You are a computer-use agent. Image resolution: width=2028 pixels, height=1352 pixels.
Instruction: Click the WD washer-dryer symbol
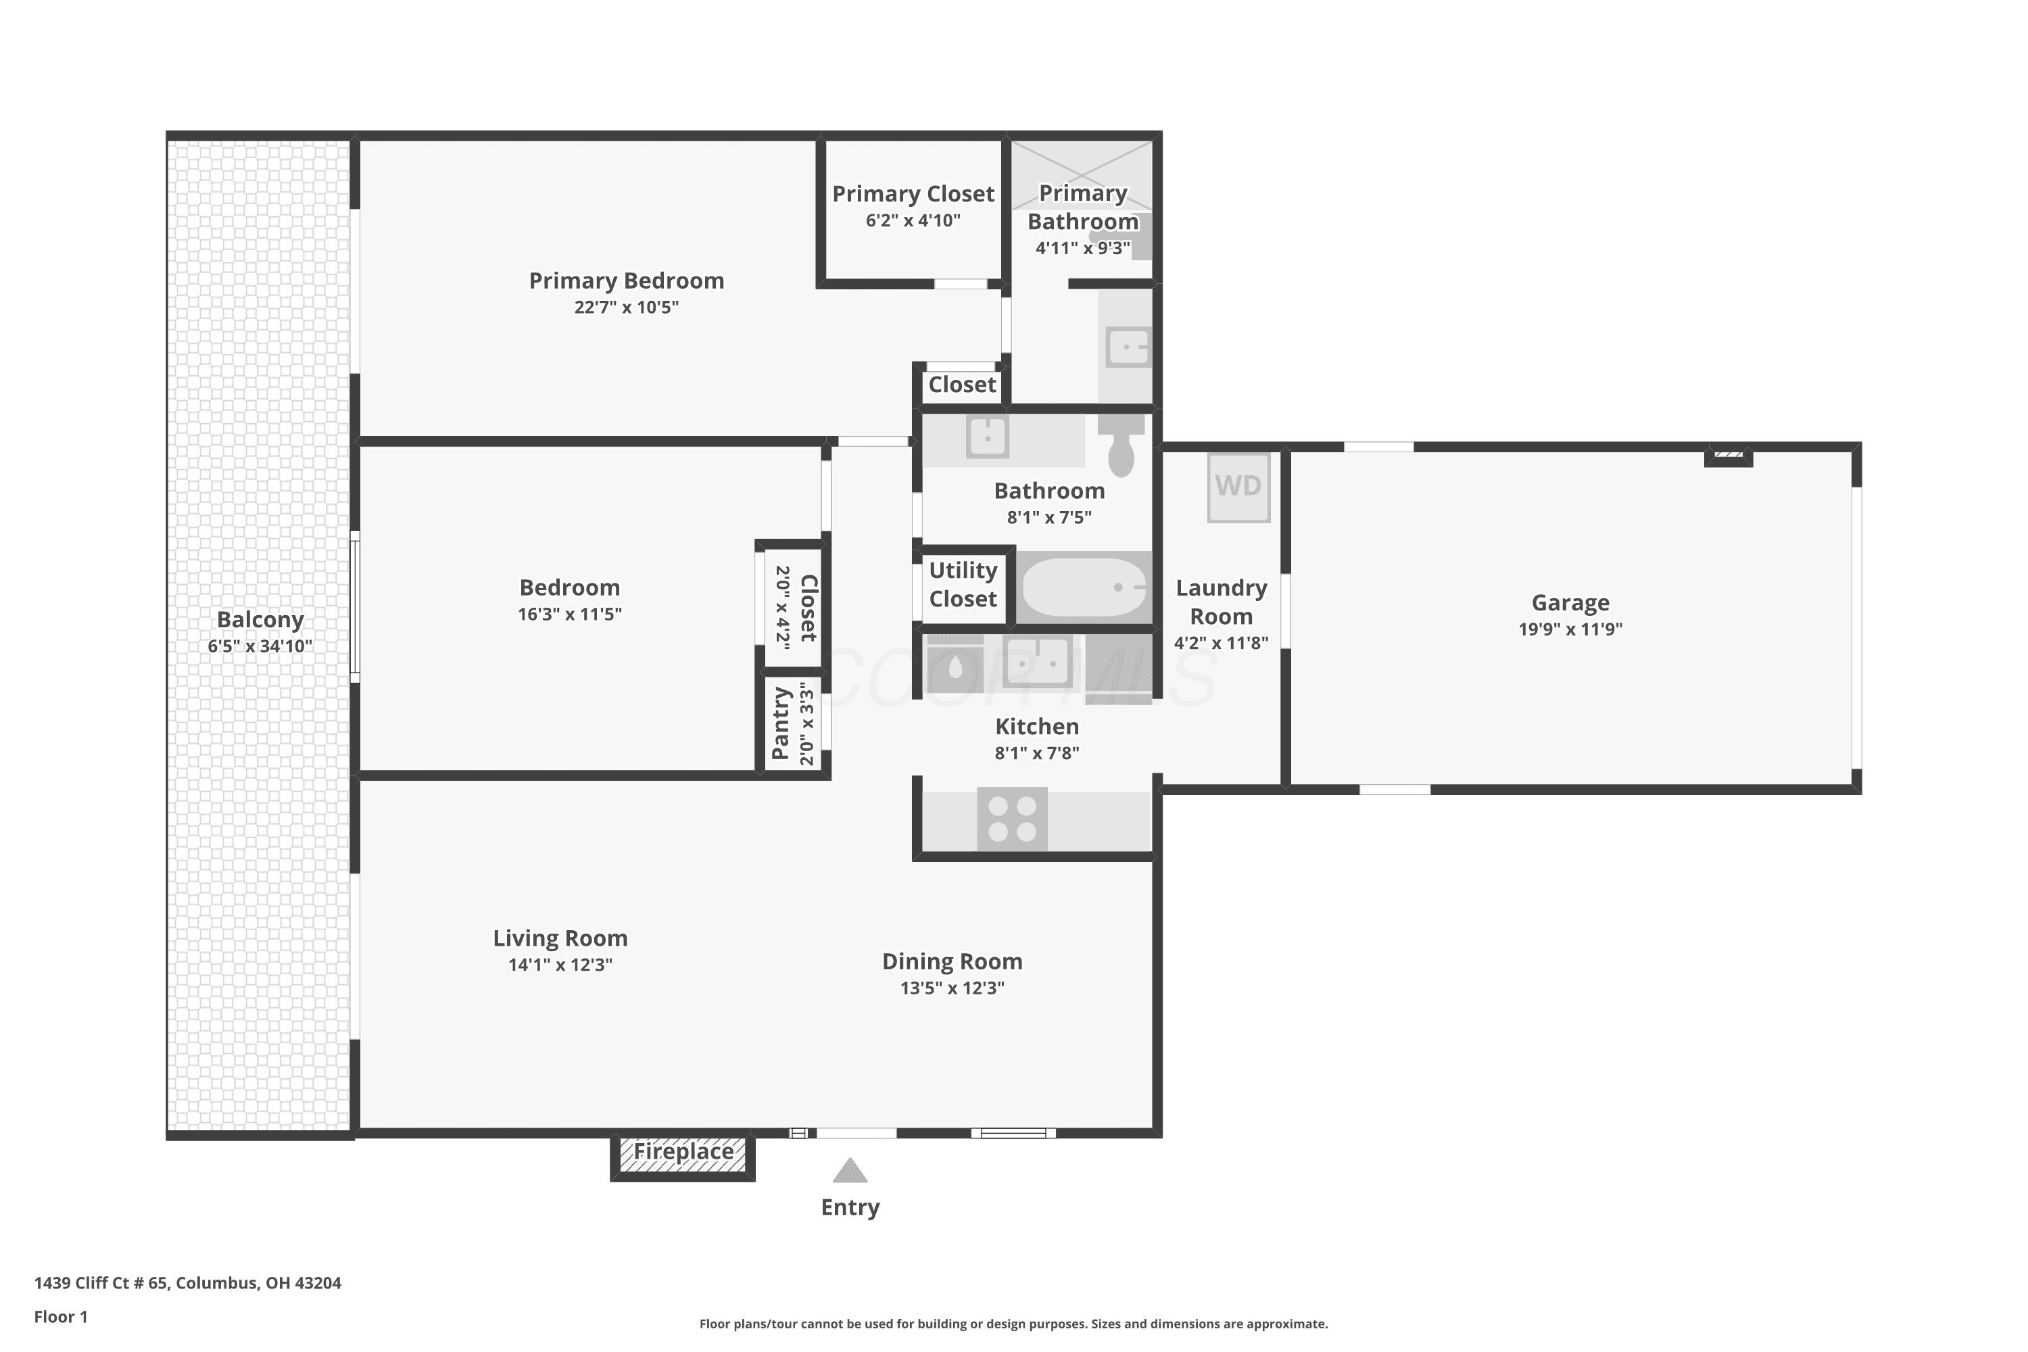(x=1238, y=487)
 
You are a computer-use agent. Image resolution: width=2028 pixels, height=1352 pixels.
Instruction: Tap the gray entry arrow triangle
(x=850, y=1170)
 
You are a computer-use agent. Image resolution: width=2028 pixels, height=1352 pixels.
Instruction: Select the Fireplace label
(x=683, y=1151)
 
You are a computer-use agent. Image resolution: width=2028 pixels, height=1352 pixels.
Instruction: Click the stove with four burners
(x=1012, y=819)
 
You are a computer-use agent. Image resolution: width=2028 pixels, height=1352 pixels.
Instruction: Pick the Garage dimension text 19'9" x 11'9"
(x=1570, y=629)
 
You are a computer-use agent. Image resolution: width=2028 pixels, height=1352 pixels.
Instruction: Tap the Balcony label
(x=260, y=619)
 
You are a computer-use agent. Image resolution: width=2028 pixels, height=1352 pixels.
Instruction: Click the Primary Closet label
(x=913, y=194)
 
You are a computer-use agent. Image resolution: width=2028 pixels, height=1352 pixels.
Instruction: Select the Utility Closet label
(x=963, y=585)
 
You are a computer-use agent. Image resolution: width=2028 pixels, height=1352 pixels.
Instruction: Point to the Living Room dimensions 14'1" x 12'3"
(x=560, y=965)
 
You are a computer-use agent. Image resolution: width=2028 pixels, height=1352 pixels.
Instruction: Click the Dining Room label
(x=952, y=961)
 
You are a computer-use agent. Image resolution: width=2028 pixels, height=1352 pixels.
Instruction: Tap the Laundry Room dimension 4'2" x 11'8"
(x=1221, y=644)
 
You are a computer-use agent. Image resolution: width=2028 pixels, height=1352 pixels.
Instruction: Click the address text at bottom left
(x=188, y=1282)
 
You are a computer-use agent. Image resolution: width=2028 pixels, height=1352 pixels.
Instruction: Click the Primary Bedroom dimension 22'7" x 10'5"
(x=627, y=308)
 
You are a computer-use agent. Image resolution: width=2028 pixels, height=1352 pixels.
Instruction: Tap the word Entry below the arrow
(x=850, y=1208)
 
